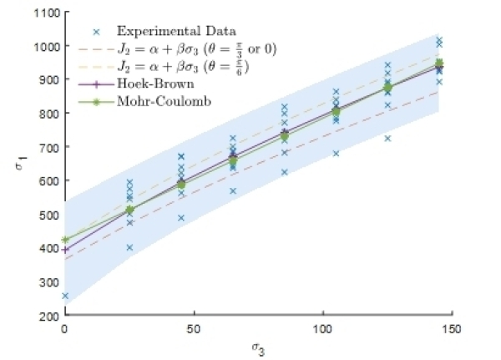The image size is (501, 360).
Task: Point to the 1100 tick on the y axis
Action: point(48,13)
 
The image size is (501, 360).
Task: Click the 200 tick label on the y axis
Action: point(48,316)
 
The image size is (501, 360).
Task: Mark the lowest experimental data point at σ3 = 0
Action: point(65,297)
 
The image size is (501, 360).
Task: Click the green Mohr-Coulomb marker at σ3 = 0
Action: point(65,240)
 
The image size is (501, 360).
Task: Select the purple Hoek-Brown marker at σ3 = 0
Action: point(65,249)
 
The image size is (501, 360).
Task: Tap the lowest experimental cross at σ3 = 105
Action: point(336,154)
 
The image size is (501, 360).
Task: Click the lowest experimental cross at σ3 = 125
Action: point(387,138)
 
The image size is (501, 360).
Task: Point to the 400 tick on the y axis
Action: point(48,248)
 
